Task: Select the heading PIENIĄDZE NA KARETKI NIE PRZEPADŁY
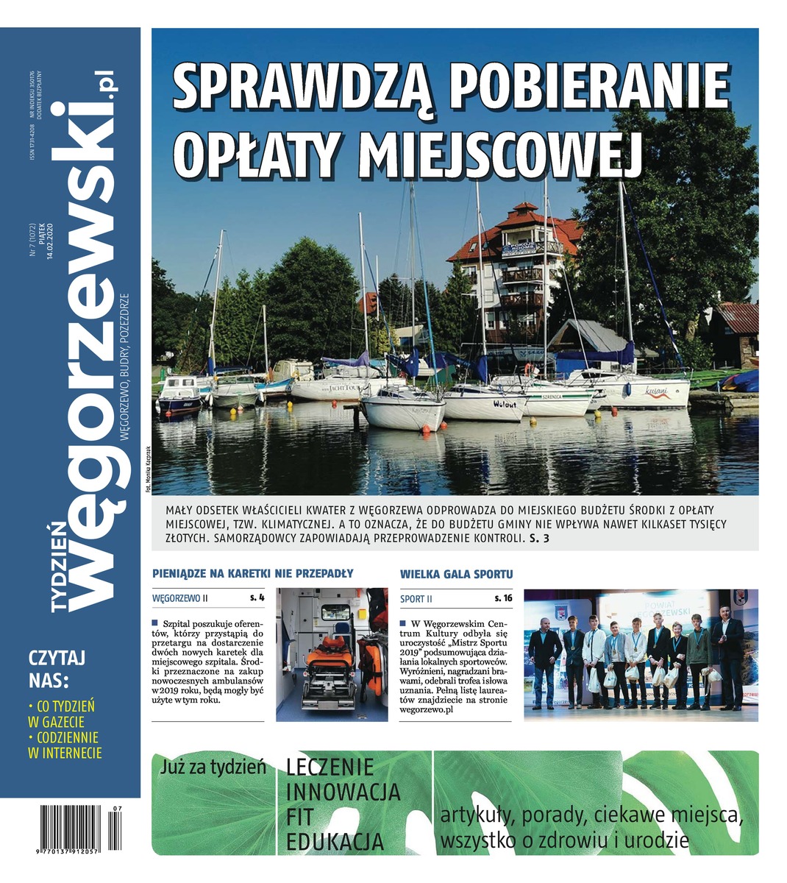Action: (x=253, y=573)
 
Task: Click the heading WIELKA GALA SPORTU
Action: (x=456, y=573)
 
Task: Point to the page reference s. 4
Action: (x=257, y=598)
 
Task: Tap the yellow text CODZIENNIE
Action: (x=66, y=737)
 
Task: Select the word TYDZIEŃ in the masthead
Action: (x=62, y=562)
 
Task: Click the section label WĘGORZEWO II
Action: (x=180, y=598)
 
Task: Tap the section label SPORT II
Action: (x=416, y=598)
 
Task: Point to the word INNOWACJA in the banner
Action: (x=343, y=792)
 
